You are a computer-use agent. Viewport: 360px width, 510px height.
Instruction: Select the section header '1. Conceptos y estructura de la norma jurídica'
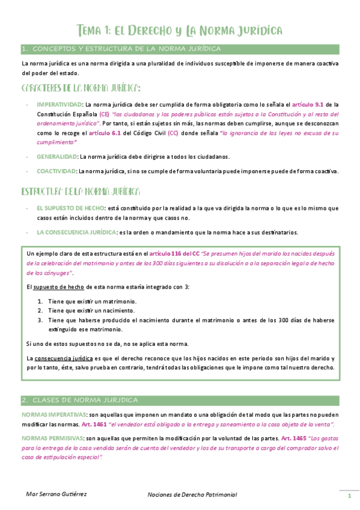(x=120, y=48)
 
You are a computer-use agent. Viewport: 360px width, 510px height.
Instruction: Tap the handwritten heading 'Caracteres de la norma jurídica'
(x=81, y=88)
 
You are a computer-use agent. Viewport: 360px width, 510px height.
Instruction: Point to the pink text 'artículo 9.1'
(x=310, y=104)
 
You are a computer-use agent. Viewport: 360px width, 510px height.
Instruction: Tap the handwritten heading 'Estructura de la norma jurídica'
(x=81, y=192)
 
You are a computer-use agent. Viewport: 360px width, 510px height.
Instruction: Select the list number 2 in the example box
(x=40, y=310)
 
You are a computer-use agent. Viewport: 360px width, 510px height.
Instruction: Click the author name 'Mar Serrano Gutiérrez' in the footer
(x=56, y=494)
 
